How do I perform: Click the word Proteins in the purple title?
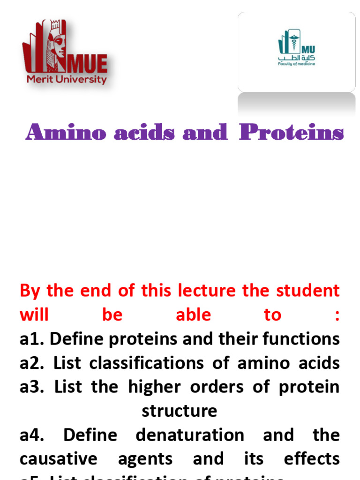[291, 133]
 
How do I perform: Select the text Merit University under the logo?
[67, 79]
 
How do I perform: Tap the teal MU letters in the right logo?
[309, 49]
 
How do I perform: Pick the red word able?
[193, 315]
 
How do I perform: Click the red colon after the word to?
[336, 315]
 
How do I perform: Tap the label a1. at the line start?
[32, 339]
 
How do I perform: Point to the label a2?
[32, 363]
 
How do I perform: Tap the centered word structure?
[180, 411]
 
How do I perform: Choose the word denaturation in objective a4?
[190, 435]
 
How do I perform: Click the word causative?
[59, 459]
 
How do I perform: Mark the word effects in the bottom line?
[312, 459]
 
